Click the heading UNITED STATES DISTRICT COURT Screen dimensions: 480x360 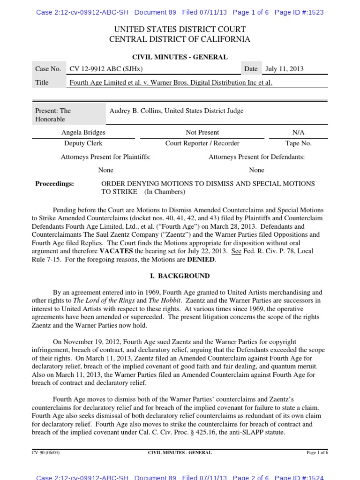(180, 30)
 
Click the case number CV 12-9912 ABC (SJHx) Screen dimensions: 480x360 (106, 69)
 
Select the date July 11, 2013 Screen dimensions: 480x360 (284, 69)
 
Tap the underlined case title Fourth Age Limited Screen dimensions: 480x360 (171, 82)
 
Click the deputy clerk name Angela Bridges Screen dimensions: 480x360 (83, 133)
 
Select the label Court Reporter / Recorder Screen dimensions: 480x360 (202, 143)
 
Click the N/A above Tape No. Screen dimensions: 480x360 (298, 133)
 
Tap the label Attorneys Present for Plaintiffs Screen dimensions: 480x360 (105, 157)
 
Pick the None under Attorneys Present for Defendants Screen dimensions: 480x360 (256, 170)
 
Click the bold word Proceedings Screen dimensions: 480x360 (54, 184)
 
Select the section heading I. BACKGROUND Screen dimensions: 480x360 (180, 276)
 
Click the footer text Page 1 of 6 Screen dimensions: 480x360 (317, 453)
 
